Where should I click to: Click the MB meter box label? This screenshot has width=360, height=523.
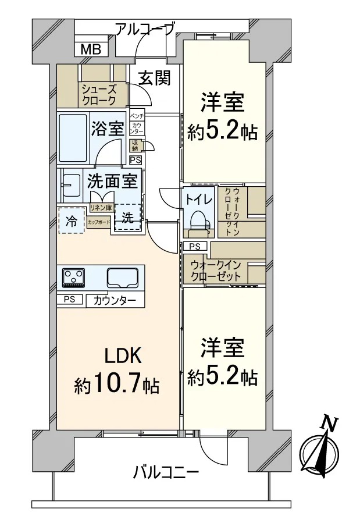pos(91,50)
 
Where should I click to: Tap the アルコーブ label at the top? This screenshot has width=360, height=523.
pos(145,29)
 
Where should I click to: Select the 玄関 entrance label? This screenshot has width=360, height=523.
pos(154,78)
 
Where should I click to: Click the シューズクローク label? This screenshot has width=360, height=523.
pos(99,95)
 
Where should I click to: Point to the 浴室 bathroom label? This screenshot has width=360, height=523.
pos(108,129)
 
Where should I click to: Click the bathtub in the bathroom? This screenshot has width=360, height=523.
pos(74,137)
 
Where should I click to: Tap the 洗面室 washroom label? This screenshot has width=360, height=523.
pos(112,181)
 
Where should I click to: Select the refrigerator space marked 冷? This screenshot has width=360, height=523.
pos(71,220)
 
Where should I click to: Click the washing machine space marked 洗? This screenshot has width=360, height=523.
pos(128,218)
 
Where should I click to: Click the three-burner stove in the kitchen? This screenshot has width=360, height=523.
pos(73,277)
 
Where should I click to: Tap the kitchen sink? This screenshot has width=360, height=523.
pos(123,277)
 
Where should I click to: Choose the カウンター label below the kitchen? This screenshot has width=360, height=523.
pos(115,301)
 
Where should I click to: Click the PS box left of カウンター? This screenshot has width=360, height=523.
pos(70,299)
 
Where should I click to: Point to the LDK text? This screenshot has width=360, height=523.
pos(123,356)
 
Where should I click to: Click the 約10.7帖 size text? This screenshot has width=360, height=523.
pos(117,385)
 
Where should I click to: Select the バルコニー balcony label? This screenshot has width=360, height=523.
pos(166,472)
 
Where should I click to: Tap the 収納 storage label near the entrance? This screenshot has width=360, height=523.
pos(135,145)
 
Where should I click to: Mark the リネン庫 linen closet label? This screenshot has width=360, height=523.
pos(102,208)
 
